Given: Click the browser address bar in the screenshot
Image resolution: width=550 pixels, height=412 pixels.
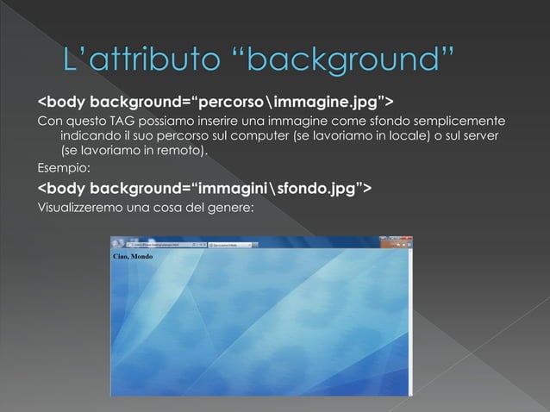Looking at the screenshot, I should [x=155, y=246].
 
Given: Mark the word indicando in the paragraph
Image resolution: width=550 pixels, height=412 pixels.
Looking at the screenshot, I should [x=88, y=136].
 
